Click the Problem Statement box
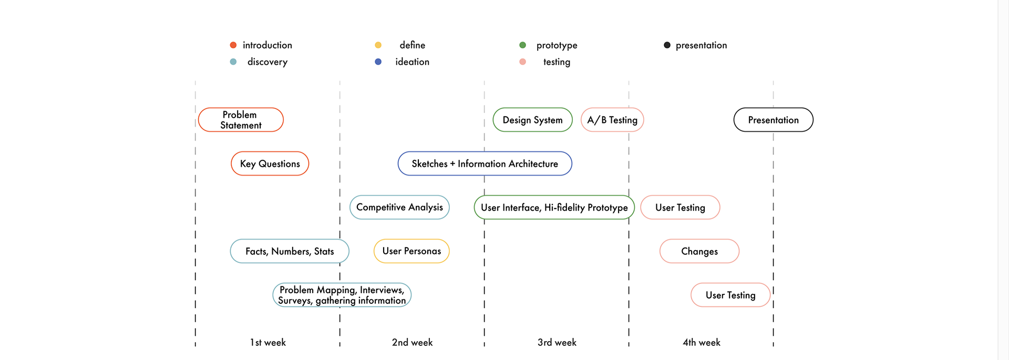[241, 120]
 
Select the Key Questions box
[270, 163]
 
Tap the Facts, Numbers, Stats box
[290, 251]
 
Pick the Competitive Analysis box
[399, 207]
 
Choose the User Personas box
[411, 251]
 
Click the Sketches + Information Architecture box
[485, 163]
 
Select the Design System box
[532, 120]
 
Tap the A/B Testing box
[612, 120]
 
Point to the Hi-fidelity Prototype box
[554, 207]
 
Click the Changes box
[699, 251]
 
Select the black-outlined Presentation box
[774, 120]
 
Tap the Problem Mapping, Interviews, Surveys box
[342, 295]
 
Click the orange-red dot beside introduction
[233, 45]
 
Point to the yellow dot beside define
[378, 45]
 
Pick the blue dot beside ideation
[378, 61]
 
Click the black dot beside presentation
[667, 45]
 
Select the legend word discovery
[267, 62]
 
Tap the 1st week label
[268, 343]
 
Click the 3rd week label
[557, 343]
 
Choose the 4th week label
[702, 343]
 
